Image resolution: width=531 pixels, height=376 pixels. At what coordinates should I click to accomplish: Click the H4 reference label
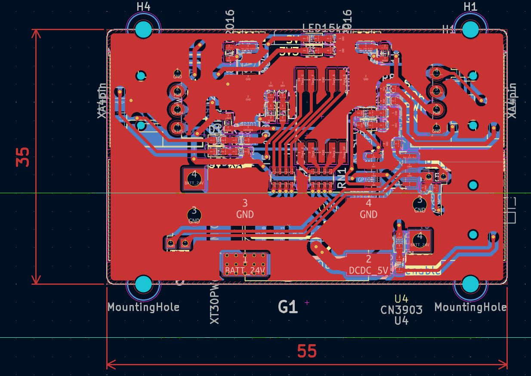pyautogui.click(x=143, y=7)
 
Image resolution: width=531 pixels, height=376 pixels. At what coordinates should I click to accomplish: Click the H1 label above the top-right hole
pyautogui.click(x=470, y=7)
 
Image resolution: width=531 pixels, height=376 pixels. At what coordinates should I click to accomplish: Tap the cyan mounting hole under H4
pyautogui.click(x=143, y=30)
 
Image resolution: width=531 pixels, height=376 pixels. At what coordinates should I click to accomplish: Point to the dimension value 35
pyautogui.click(x=23, y=157)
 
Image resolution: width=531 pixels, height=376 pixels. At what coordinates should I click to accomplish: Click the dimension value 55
pyautogui.click(x=307, y=352)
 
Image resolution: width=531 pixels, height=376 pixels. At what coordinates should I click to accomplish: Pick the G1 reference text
pyautogui.click(x=288, y=307)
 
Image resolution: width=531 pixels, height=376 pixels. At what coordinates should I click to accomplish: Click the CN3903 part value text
pyautogui.click(x=401, y=309)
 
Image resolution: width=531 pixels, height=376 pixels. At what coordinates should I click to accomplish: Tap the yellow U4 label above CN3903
pyautogui.click(x=401, y=299)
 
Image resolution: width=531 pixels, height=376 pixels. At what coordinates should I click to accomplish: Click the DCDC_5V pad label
pyautogui.click(x=368, y=271)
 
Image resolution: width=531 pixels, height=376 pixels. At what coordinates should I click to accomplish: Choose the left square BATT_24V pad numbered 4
pyautogui.click(x=194, y=178)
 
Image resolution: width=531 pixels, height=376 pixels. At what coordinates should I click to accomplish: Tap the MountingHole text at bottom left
pyautogui.click(x=143, y=307)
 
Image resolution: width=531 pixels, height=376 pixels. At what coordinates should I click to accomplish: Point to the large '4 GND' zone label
pyautogui.click(x=368, y=209)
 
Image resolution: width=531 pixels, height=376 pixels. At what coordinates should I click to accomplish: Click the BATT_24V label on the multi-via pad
pyautogui.click(x=245, y=271)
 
